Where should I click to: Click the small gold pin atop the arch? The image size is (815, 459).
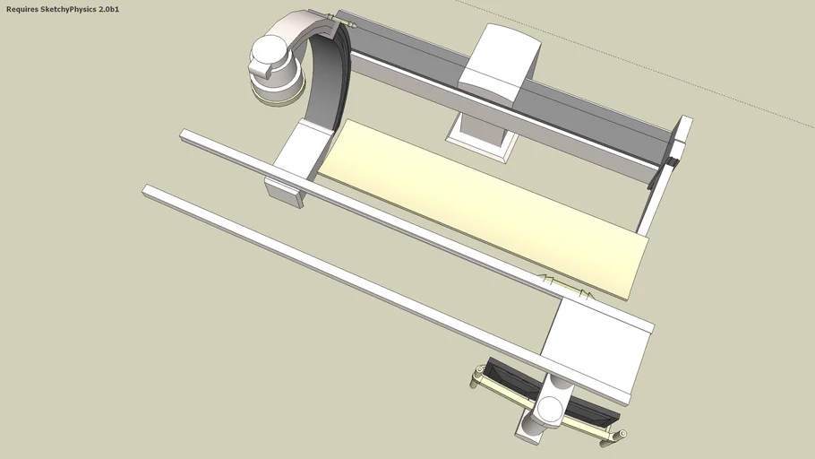click(332, 17)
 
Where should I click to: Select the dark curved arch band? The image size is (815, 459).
click(328, 81)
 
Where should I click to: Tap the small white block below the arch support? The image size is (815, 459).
click(283, 192)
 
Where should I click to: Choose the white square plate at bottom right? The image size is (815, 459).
click(596, 345)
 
